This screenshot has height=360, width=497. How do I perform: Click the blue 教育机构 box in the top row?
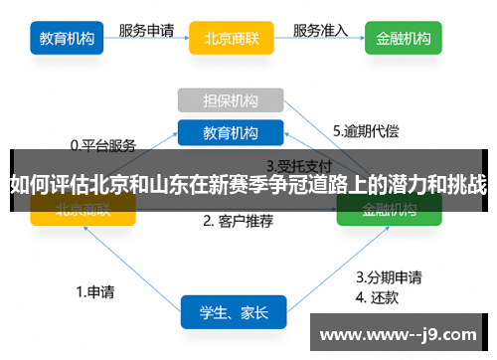tap(69, 39)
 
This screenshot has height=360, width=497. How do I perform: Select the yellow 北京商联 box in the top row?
tap(231, 40)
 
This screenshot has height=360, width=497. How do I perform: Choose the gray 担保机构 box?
tap(231, 100)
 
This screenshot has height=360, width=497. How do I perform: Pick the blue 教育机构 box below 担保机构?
tap(231, 132)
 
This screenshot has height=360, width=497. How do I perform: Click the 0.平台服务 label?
tap(102, 144)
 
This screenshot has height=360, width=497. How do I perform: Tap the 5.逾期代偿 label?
tap(367, 130)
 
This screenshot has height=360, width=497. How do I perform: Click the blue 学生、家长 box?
tap(234, 312)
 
